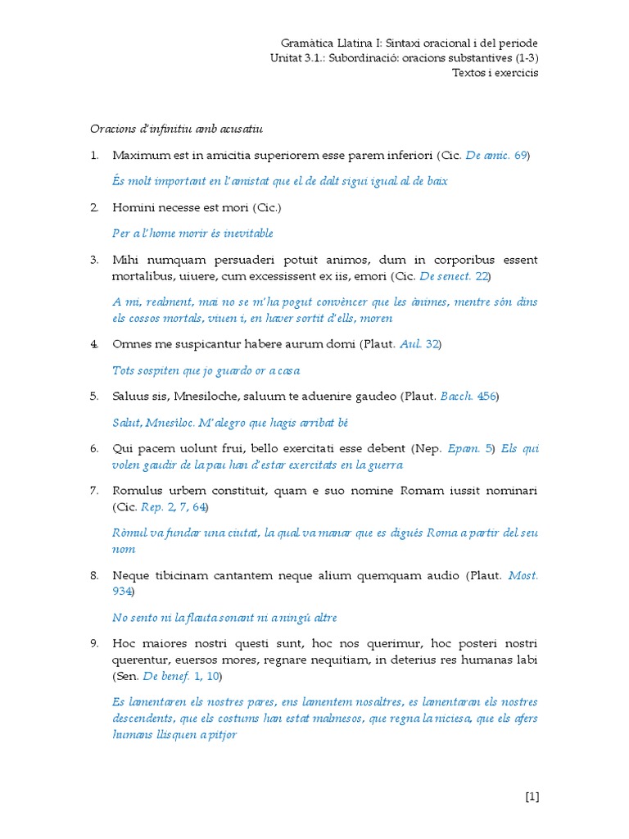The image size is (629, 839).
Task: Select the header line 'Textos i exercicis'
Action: (496, 72)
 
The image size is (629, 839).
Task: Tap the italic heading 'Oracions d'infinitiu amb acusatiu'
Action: (175, 129)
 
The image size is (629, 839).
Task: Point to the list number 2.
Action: (94, 207)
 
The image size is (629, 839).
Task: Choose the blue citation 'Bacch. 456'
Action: (468, 397)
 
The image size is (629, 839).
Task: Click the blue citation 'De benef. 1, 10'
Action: (180, 676)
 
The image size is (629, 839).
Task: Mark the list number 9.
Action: (94, 644)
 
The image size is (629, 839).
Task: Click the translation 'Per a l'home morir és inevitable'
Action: (192, 234)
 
